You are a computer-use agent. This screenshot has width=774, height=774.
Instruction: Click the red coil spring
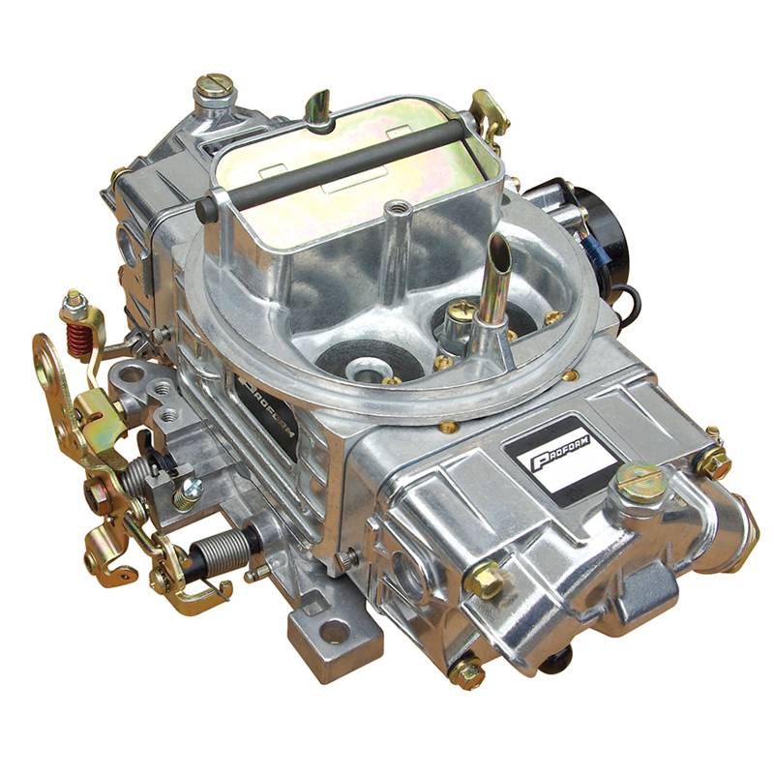[x=76, y=340]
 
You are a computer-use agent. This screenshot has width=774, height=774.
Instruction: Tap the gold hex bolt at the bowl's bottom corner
[x=468, y=673]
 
